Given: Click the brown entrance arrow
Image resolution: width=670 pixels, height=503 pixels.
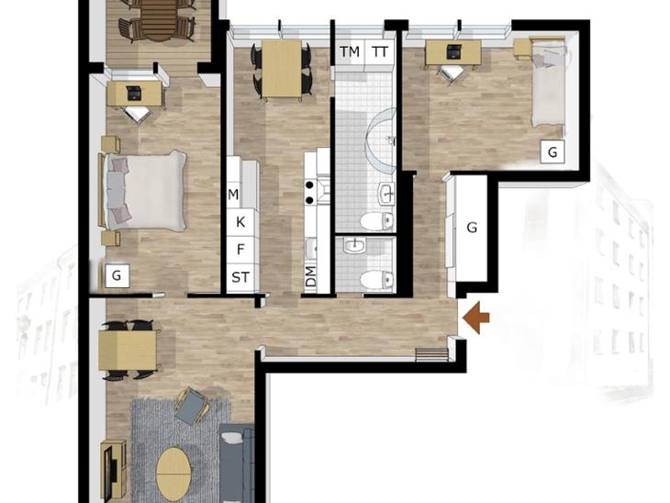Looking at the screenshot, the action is coord(476,318).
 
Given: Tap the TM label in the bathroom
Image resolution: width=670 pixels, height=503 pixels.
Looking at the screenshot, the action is coord(350,52).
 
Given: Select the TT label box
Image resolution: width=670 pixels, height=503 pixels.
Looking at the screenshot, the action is coord(379,52).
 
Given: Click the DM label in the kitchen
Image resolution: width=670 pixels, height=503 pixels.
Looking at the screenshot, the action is coord(311,276).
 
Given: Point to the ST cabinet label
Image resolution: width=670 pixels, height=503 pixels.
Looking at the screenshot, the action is coord(240,278).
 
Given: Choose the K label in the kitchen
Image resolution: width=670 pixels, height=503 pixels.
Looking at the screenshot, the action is coord(240,222).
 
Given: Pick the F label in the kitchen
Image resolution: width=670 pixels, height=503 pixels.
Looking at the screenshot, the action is coord(240,250).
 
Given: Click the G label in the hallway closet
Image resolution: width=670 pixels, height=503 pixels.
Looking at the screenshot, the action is coord(472,228).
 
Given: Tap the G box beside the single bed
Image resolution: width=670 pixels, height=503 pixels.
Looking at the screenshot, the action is coord(553,151).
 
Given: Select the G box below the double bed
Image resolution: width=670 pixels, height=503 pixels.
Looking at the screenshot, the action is coord(117,275).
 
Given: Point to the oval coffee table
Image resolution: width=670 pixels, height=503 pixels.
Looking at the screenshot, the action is coord(173,474).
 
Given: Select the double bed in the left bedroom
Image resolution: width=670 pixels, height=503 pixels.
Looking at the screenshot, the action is coord(143,191).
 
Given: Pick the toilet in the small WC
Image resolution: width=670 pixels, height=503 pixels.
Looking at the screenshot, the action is coord(376,280).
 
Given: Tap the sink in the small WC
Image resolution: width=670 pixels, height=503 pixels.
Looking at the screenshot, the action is coord(354,245).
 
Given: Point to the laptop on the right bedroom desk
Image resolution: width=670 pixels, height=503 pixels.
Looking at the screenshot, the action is coord(453,50).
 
